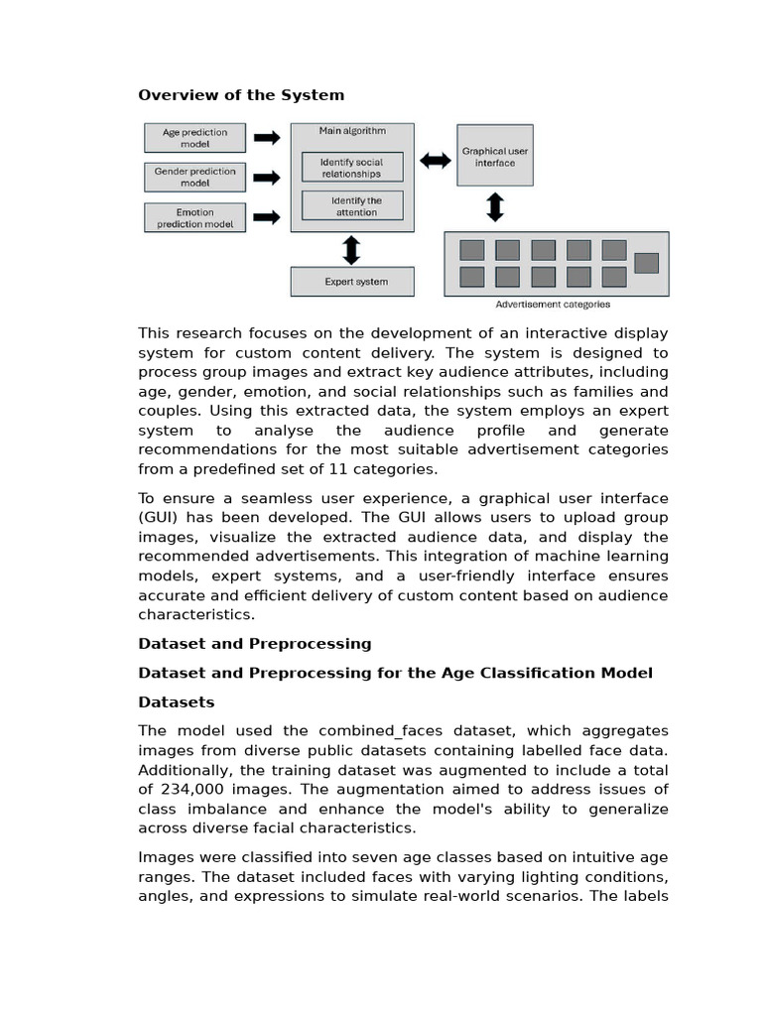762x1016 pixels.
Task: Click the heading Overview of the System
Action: click(241, 95)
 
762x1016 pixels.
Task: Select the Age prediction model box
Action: click(194, 138)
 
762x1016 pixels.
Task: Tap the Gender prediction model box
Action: click(194, 178)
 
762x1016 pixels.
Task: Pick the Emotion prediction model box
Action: click(194, 217)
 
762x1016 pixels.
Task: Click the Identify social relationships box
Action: click(350, 167)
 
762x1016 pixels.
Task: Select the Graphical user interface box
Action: click(494, 157)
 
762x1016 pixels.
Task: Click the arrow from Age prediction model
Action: click(266, 138)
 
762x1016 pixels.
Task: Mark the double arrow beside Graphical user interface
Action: click(436, 160)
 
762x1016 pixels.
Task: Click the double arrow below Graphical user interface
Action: click(494, 207)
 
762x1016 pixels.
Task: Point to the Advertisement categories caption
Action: click(553, 305)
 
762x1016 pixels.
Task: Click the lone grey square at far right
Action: click(646, 263)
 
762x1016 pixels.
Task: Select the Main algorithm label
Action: click(352, 131)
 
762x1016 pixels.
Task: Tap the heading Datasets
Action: click(177, 702)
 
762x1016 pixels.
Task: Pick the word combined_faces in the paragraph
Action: click(340, 731)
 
